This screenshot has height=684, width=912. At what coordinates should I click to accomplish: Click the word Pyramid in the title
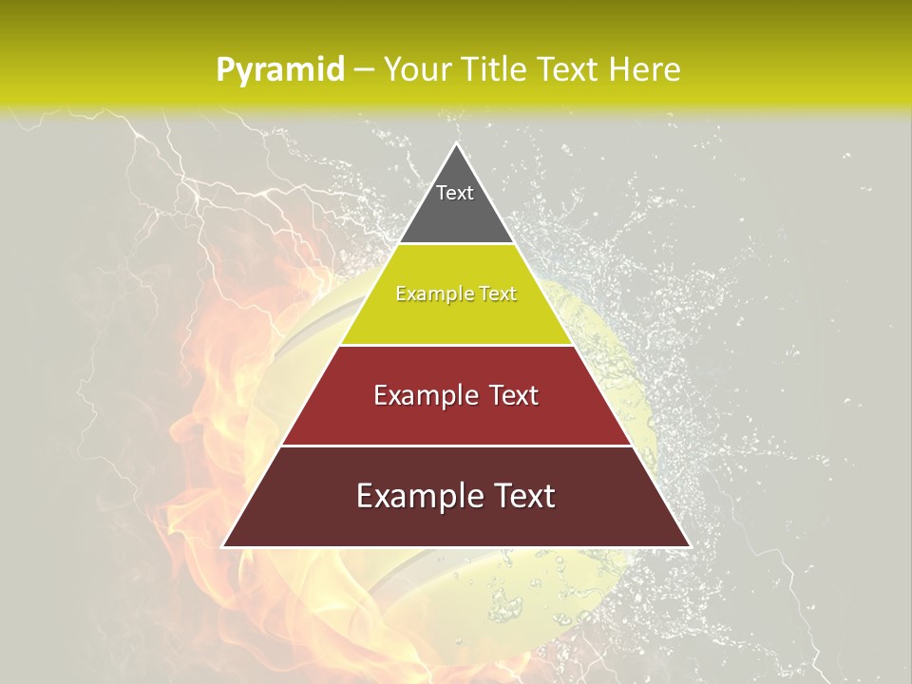click(x=279, y=69)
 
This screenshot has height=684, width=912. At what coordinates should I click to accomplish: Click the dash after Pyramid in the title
click(x=363, y=70)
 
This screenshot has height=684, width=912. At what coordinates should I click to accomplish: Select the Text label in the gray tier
click(x=455, y=193)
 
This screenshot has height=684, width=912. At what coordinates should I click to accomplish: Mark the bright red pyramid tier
click(x=456, y=418)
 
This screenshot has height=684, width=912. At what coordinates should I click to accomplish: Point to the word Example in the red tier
click(x=425, y=395)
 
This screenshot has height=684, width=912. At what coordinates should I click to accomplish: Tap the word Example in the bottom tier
click(x=418, y=496)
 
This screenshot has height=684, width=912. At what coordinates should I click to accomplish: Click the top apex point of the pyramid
click(x=456, y=144)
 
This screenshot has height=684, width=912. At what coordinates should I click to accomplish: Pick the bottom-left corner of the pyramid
click(x=223, y=546)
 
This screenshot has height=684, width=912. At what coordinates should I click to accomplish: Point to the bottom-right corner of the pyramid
click(x=690, y=546)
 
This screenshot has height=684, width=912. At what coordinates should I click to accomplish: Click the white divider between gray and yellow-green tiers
click(x=456, y=244)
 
